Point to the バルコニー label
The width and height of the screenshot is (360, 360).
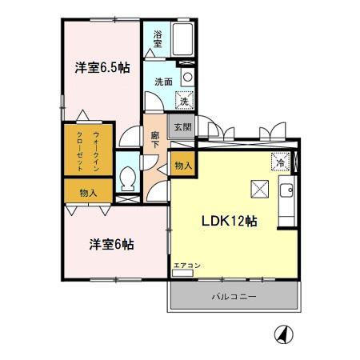234,297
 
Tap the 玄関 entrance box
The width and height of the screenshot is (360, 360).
182,128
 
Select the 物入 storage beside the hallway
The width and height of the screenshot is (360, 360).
183,166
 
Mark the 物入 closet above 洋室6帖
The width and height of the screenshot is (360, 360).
89,193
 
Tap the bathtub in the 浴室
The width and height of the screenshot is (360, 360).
182,38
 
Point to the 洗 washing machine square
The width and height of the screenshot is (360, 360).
185,102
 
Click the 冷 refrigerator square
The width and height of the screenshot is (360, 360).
281,161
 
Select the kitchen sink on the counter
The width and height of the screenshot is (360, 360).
286,191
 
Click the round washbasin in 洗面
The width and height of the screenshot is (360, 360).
187,78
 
